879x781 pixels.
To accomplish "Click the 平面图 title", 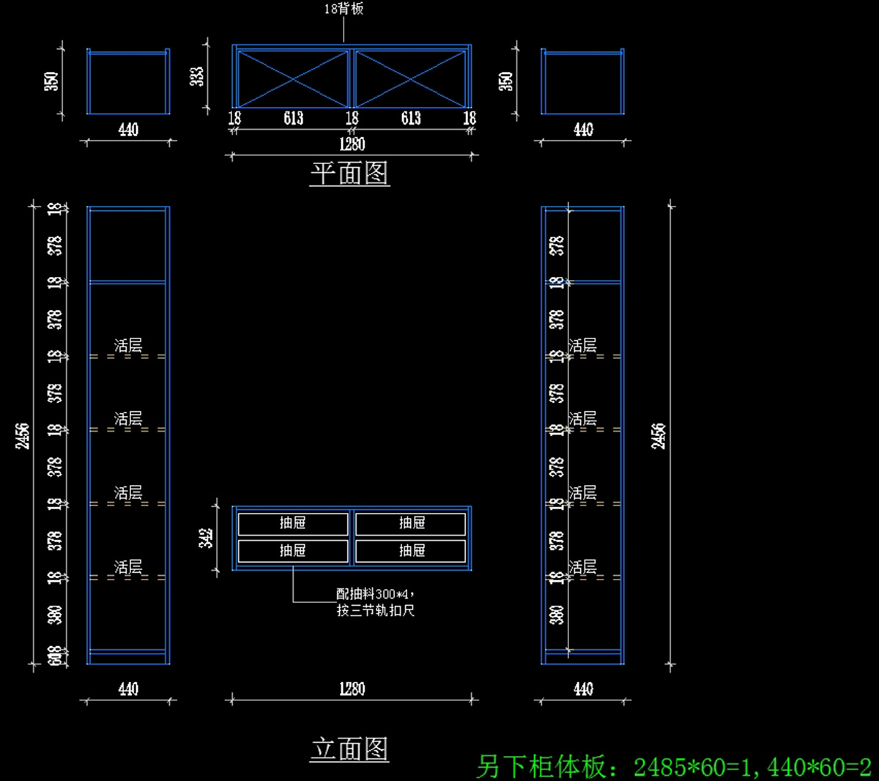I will click(349, 174).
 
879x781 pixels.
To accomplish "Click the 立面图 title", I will click(349, 749).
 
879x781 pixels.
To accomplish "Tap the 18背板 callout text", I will click(344, 9).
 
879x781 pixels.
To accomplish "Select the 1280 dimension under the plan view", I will click(352, 144).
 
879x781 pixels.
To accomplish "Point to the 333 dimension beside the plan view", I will click(197, 77).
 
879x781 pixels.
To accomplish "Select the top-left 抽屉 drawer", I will click(293, 523).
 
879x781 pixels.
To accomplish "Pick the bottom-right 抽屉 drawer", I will click(412, 551).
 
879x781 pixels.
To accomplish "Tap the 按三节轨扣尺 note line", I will click(376, 610).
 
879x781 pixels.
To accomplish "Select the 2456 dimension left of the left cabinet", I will click(23, 435).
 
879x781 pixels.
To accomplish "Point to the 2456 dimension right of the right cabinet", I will click(659, 435).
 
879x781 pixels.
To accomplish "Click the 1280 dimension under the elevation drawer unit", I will click(352, 689).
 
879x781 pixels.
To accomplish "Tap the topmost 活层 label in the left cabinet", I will click(128, 345).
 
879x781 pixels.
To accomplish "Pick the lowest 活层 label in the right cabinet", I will click(582, 566).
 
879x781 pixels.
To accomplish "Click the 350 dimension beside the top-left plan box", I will click(51, 81).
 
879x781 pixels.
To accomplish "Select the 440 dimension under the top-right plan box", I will click(583, 130).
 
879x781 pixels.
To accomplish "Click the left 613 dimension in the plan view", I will click(293, 118).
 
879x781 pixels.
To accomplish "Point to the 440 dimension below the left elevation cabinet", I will click(128, 689).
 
